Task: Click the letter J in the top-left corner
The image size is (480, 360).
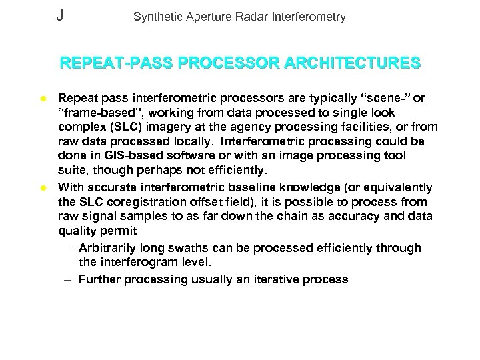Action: (x=60, y=15)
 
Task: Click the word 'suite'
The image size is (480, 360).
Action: (x=71, y=172)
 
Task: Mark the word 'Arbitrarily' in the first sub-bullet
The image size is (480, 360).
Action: (x=110, y=248)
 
